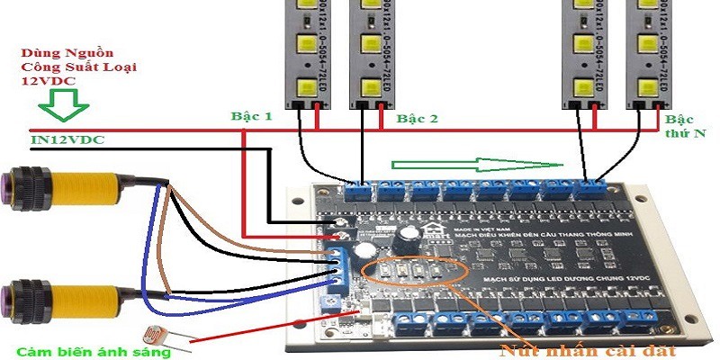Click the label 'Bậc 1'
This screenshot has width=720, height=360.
(252, 116)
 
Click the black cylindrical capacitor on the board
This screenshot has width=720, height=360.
(402, 237)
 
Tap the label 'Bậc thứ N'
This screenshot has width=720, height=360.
(686, 126)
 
